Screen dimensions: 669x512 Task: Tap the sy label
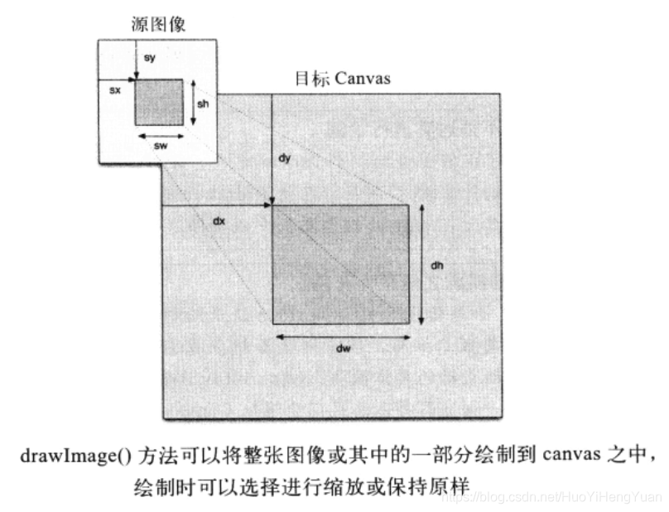(149, 58)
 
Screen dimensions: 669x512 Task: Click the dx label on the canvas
(219, 221)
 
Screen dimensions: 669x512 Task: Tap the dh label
(438, 266)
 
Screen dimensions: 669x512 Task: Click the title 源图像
(158, 25)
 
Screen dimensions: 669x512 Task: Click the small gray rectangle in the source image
(159, 102)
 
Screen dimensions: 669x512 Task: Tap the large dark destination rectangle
(340, 263)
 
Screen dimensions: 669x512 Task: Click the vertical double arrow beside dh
(422, 263)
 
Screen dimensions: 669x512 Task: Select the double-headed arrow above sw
(159, 134)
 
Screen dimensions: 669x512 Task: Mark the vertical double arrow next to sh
(194, 102)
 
